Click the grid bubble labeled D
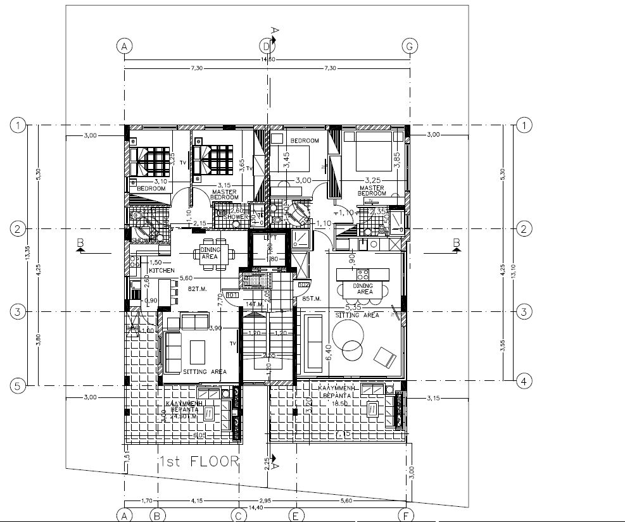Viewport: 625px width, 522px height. click(267, 46)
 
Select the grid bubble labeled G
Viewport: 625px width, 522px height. click(410, 46)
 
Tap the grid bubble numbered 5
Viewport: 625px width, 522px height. click(18, 385)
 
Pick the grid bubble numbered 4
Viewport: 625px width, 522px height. click(523, 381)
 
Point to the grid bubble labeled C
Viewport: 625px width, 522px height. click(237, 514)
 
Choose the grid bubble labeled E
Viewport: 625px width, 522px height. click(295, 514)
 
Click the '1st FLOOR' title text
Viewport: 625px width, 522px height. click(198, 461)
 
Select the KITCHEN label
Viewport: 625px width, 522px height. click(161, 270)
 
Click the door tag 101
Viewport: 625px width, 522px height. click(231, 294)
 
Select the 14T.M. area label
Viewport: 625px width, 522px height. click(254, 304)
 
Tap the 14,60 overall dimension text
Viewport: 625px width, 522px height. click(267, 60)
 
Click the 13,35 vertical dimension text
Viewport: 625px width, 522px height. click(27, 253)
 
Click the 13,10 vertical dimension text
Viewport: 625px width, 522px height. click(511, 253)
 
